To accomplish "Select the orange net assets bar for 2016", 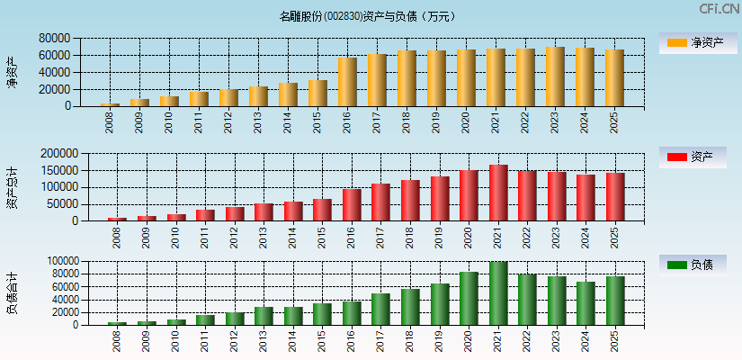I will click(347, 82).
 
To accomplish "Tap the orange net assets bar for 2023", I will click(555, 76).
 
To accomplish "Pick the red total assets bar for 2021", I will click(498, 193).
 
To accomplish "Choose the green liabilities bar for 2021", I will click(498, 293).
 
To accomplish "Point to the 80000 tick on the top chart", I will click(55, 39).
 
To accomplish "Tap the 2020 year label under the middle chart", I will click(469, 238).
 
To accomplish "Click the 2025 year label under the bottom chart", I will click(615, 342).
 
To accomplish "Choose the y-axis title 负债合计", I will click(13, 292).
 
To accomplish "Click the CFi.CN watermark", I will click(719, 9).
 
